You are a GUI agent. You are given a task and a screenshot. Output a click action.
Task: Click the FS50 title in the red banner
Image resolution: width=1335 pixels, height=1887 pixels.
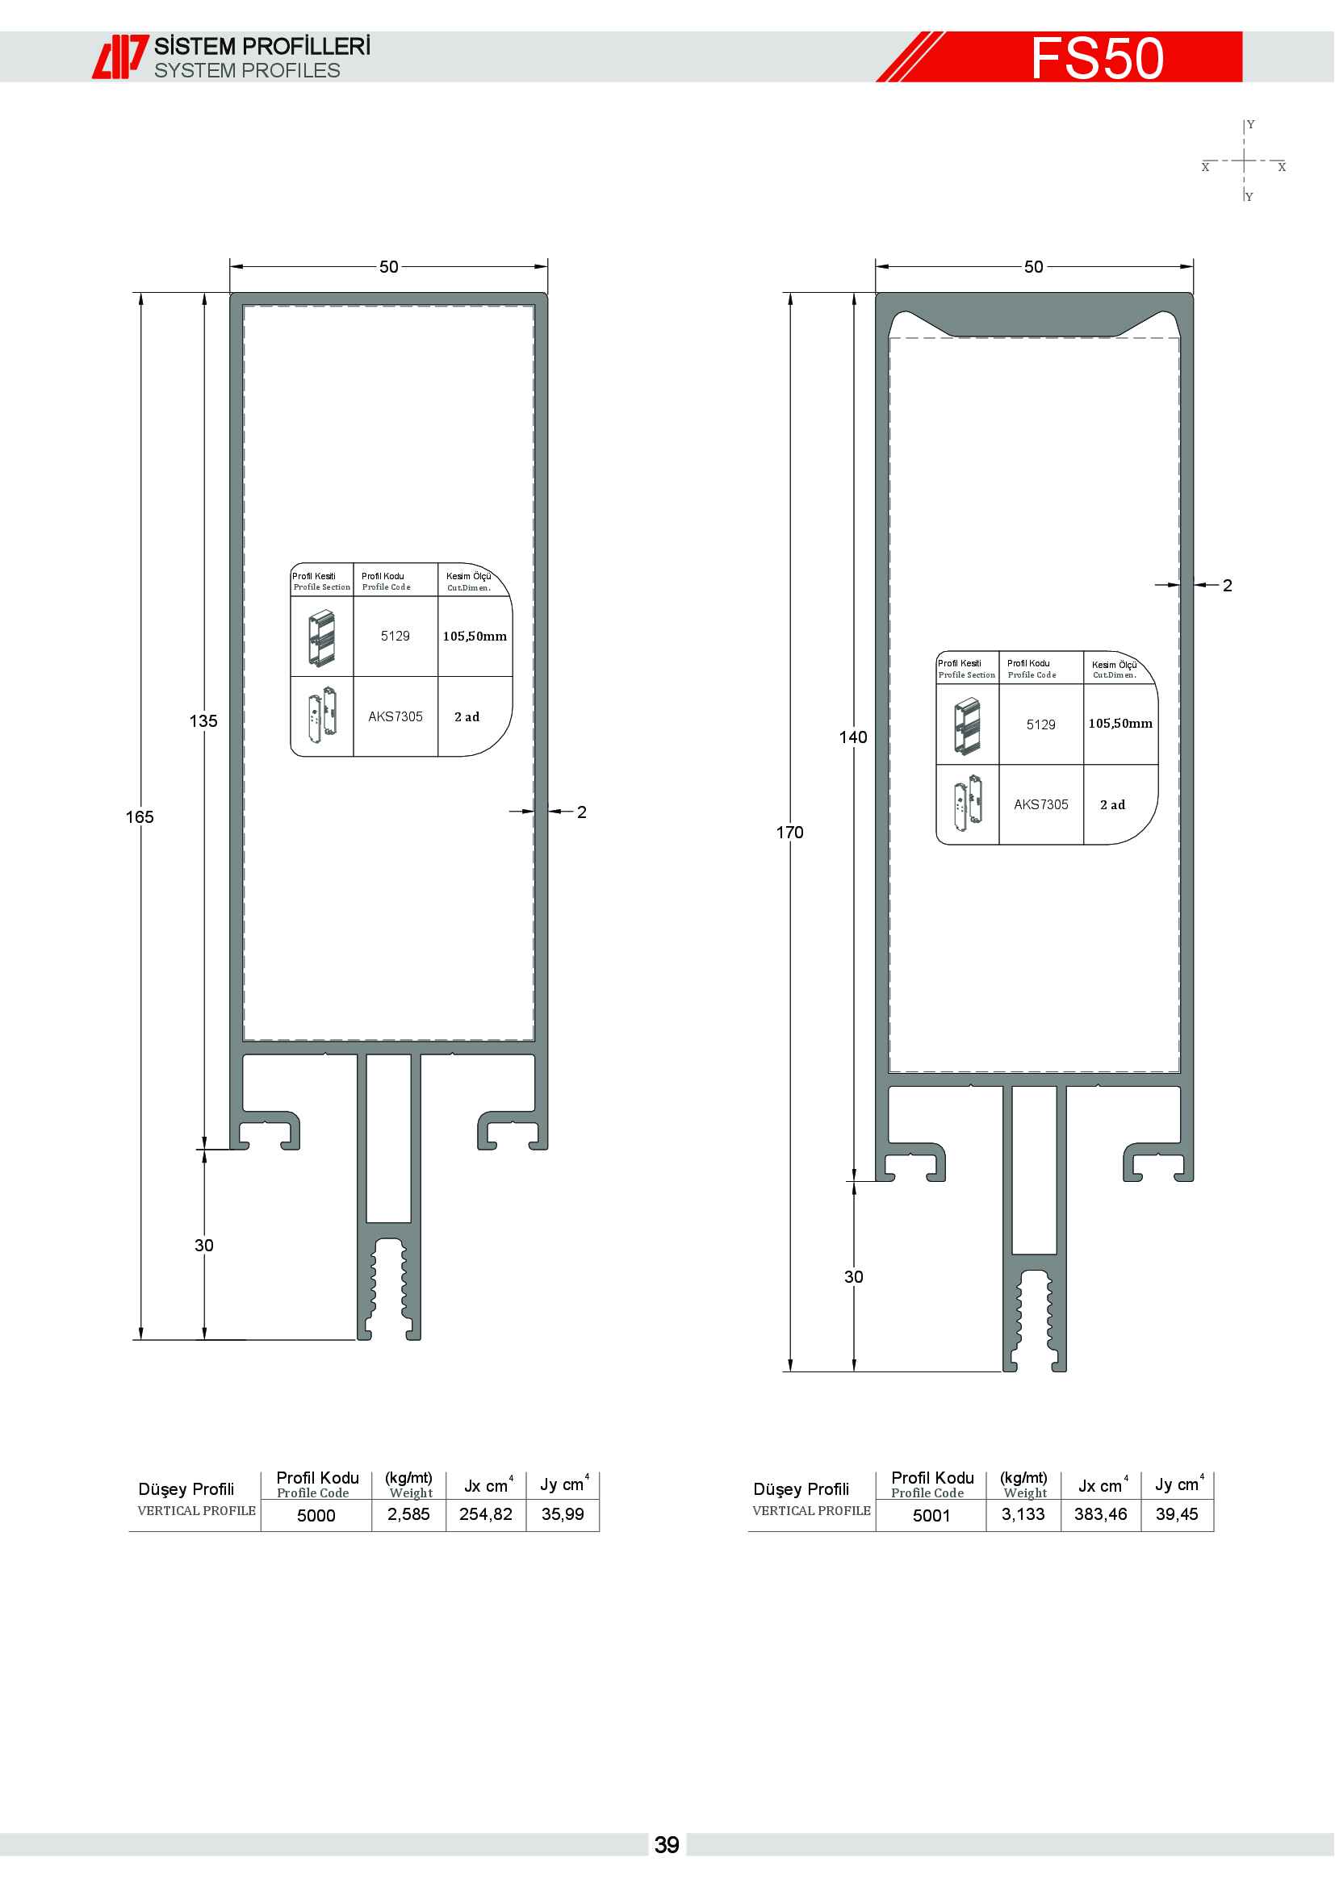[x=1097, y=57]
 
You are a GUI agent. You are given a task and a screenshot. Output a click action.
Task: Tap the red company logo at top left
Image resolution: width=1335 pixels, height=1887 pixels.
[x=120, y=56]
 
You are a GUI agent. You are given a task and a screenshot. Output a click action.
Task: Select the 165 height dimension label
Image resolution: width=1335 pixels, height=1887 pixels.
[x=140, y=817]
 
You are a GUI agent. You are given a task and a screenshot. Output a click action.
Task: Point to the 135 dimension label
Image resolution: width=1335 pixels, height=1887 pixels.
[x=203, y=720]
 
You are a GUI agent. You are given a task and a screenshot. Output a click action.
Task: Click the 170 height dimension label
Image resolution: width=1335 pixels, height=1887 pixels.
[x=789, y=833]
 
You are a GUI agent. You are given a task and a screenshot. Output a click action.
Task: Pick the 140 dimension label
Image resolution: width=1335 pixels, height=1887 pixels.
[x=853, y=737]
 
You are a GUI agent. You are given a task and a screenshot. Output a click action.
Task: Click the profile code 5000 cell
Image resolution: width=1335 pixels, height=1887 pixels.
[x=316, y=1516]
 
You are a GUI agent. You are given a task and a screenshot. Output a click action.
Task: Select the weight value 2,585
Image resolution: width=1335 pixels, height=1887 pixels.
[x=408, y=1513]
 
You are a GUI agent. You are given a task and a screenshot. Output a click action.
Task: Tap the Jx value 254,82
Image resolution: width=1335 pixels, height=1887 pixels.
[x=486, y=1513]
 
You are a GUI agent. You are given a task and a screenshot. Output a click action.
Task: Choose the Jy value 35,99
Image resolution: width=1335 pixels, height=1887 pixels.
[x=563, y=1513]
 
